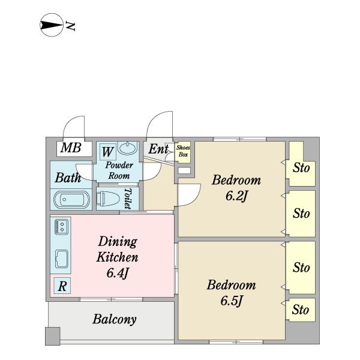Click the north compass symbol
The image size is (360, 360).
click(52, 25)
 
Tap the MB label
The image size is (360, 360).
click(71, 148)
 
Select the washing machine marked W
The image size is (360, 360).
click(108, 152)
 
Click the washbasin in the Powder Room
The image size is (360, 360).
click(128, 148)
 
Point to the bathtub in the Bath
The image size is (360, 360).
click(71, 200)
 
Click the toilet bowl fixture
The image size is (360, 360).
click(107, 199)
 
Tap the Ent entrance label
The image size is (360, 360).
click(158, 149)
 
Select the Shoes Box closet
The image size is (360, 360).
click(183, 151)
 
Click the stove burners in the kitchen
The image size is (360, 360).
click(62, 227)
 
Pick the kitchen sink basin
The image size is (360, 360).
click(62, 259)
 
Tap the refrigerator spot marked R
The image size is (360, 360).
click(62, 286)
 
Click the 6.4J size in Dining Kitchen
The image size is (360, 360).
click(118, 273)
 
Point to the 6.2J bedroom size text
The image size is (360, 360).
click(236, 196)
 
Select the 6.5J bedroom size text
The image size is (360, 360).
click(232, 301)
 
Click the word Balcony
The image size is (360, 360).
click(115, 319)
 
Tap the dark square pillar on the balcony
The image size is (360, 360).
click(53, 336)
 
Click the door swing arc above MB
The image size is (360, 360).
click(69, 122)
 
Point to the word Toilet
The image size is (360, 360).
click(128, 199)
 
